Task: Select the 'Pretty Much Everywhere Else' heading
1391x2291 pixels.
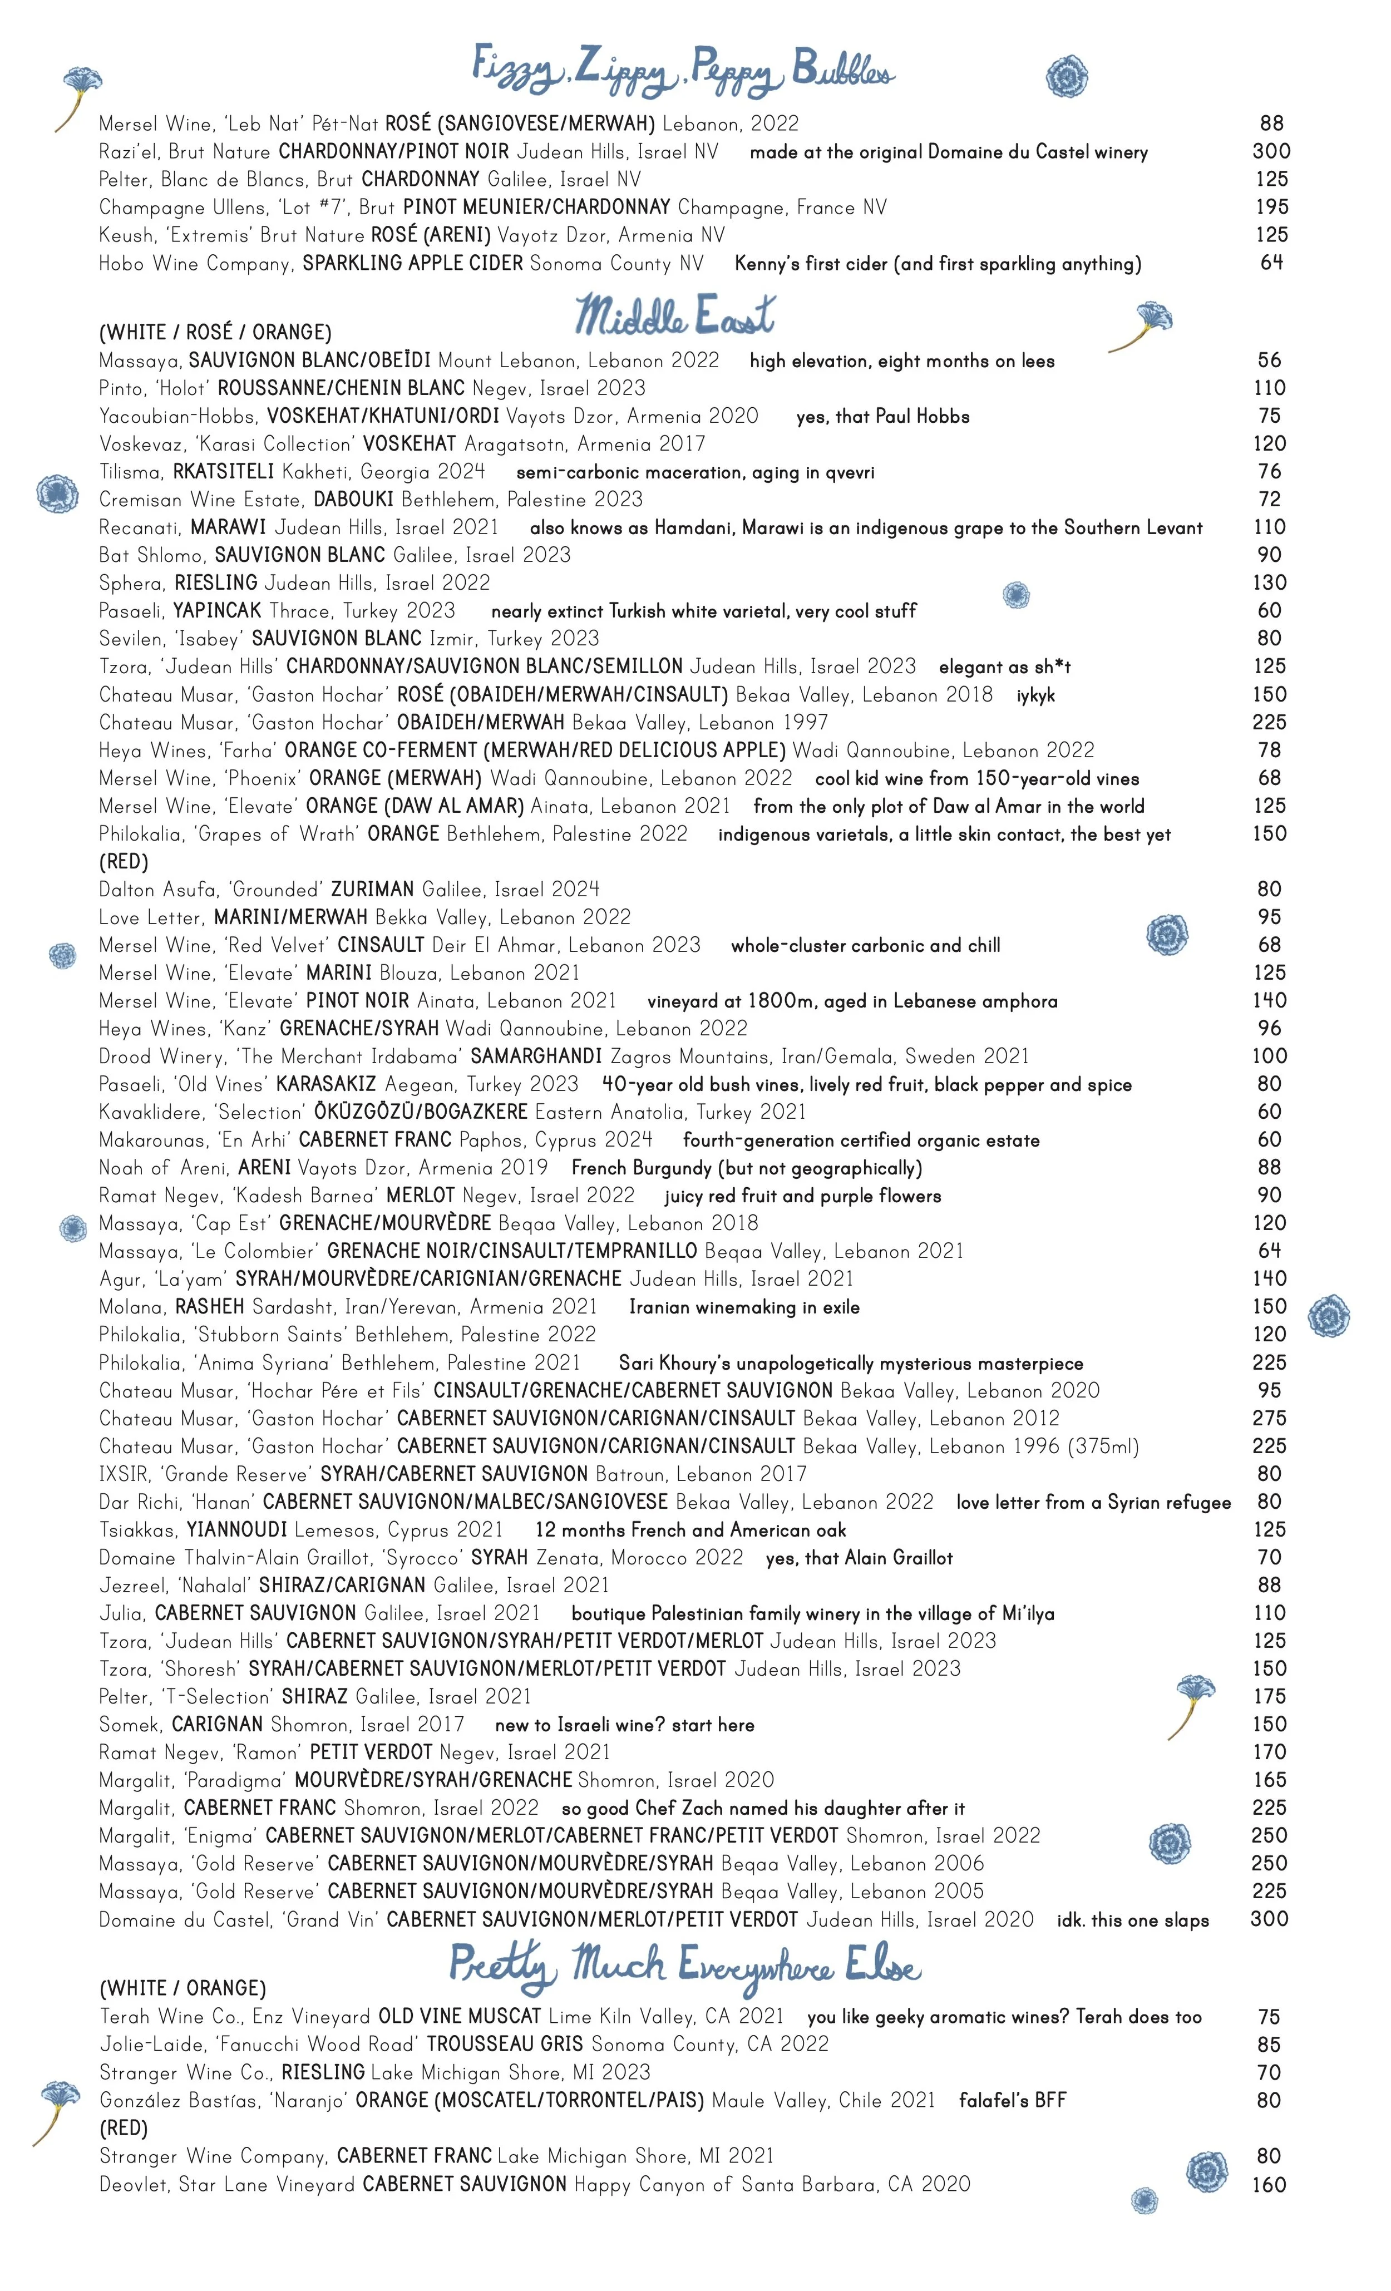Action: pos(685,1967)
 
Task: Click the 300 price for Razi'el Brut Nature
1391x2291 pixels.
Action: pos(1270,151)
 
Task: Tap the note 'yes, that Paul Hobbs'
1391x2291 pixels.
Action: pos(882,417)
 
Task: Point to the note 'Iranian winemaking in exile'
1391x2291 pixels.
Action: pos(744,1307)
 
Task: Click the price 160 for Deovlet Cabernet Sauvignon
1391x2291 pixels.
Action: pos(1269,2184)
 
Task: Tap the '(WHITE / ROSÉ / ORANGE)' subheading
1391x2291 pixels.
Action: pos(215,332)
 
